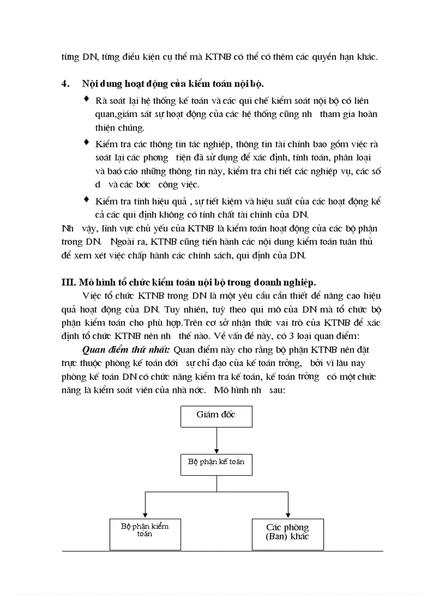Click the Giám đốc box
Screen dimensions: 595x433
pyautogui.click(x=216, y=416)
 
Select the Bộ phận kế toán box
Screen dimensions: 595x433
pyautogui.click(x=216, y=463)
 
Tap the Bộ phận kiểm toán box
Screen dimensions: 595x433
pyautogui.click(x=144, y=534)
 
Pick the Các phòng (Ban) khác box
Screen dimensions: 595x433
pyautogui.click(x=287, y=534)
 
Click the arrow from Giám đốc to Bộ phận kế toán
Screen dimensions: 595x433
pyautogui.click(x=216, y=440)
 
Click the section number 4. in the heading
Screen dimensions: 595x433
pyautogui.click(x=66, y=84)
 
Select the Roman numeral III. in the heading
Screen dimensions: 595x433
pyautogui.click(x=70, y=281)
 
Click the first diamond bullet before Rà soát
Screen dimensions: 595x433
pyautogui.click(x=87, y=99)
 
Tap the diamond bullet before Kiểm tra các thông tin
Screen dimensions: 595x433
pyautogui.click(x=87, y=143)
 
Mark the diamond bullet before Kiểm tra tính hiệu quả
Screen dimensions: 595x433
pyautogui.click(x=87, y=200)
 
